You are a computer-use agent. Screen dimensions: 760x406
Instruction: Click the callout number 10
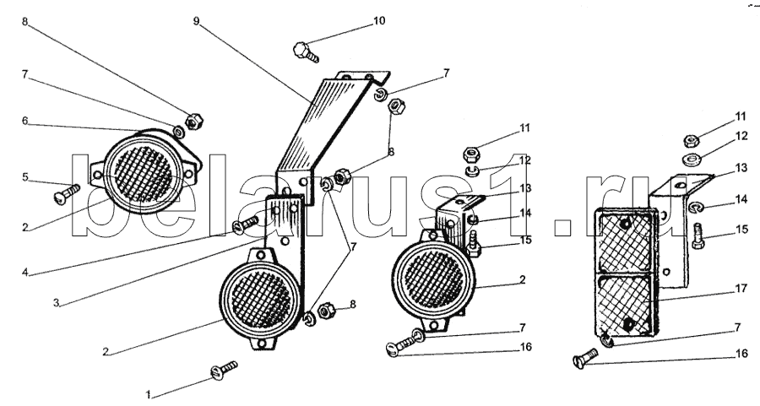click(379, 21)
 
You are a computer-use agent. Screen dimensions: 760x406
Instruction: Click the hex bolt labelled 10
click(306, 51)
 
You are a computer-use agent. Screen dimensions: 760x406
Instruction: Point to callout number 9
click(196, 21)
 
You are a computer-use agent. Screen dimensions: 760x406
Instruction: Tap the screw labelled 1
click(224, 371)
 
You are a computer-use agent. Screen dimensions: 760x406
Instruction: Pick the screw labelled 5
click(67, 194)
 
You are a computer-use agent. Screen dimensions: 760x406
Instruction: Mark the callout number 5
click(25, 177)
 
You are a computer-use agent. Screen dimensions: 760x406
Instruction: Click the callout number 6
click(25, 121)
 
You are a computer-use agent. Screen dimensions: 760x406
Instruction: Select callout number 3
click(57, 303)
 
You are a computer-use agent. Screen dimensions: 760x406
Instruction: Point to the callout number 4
click(25, 272)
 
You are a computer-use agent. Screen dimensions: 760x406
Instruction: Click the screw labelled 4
click(246, 225)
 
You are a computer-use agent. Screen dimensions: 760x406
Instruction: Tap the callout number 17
click(741, 289)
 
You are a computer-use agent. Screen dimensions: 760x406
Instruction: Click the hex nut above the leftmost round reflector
click(194, 121)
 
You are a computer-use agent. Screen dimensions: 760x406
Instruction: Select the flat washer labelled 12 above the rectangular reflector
click(691, 158)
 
